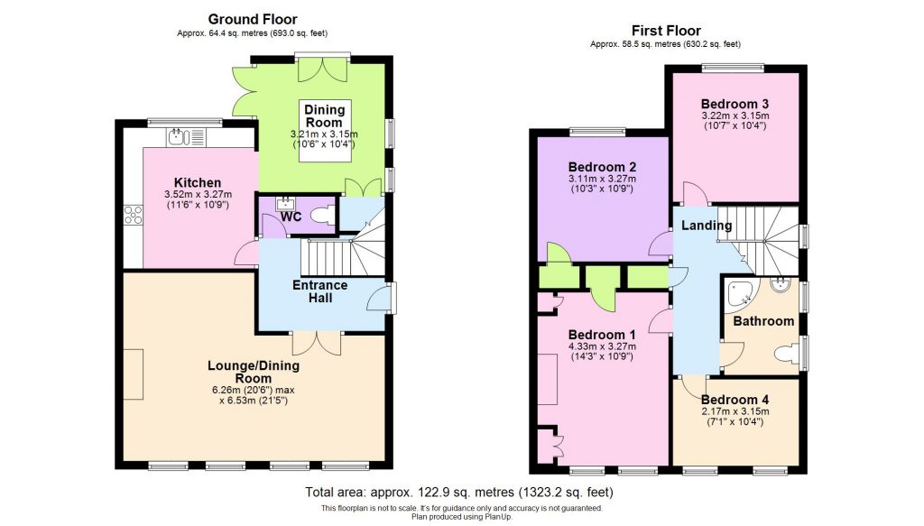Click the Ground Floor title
253,19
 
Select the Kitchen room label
198,182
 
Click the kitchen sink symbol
185,137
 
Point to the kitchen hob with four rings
134,215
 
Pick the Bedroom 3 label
734,103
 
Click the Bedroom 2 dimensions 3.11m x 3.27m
602,179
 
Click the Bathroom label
763,320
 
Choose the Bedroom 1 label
602,335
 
